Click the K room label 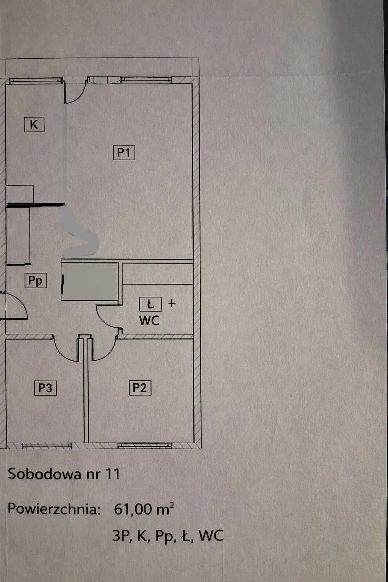coord(34,124)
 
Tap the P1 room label coord(124,153)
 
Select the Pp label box coord(36,280)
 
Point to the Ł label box coord(150,304)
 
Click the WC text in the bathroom coord(149,321)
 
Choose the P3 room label coord(45,388)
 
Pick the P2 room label coord(140,388)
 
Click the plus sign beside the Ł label coord(172,303)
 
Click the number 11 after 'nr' coord(112,474)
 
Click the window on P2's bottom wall coord(144,446)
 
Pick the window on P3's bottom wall coord(47,446)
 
